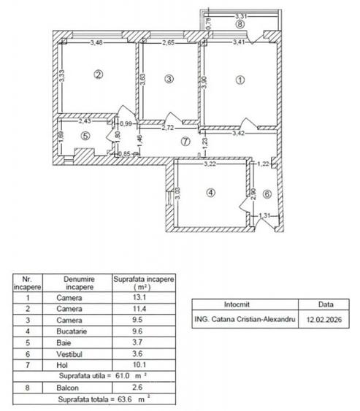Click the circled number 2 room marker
click(98, 73)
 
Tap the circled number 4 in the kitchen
click(211, 193)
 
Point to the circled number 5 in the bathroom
click(85, 134)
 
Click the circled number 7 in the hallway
click(185, 141)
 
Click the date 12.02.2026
click(323, 319)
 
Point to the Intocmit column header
click(245, 304)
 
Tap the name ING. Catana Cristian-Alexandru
click(245, 319)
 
